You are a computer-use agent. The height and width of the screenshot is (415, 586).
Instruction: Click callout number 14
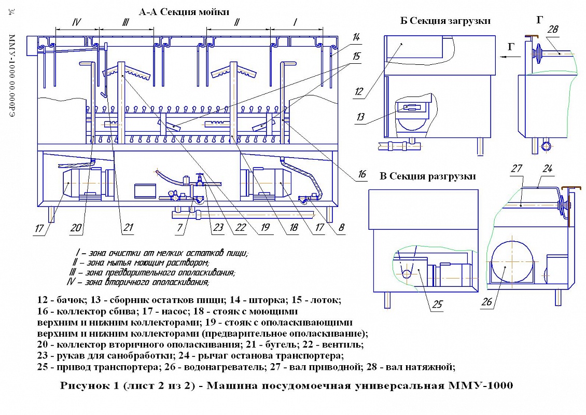tap(356, 37)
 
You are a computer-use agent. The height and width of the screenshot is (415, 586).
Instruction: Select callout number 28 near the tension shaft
tap(553, 30)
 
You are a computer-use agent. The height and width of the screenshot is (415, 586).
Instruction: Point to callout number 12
tap(359, 92)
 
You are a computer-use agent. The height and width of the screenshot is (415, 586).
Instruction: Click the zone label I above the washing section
tap(295, 22)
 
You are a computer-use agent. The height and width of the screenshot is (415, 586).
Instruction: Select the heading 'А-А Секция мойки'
tap(184, 10)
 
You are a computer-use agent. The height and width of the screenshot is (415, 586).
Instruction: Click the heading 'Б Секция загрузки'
tap(445, 21)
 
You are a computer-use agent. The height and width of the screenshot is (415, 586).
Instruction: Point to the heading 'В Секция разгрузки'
tap(428, 176)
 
